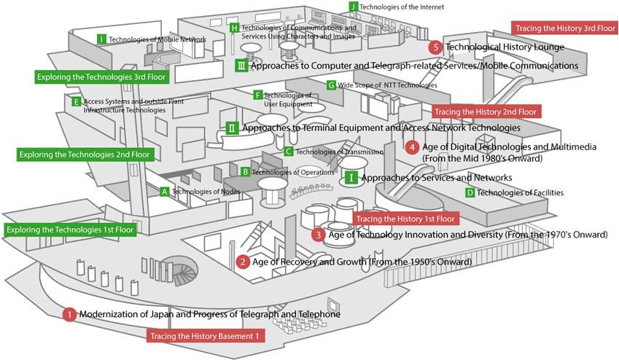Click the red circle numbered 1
pyautogui.click(x=69, y=315)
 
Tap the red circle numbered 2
pyautogui.click(x=244, y=262)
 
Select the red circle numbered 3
pyautogui.click(x=318, y=235)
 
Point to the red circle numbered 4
pyautogui.click(x=412, y=147)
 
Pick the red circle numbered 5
pyautogui.click(x=435, y=47)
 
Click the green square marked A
pyautogui.click(x=165, y=192)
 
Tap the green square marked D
pyautogui.click(x=470, y=192)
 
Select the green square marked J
pyautogui.click(x=354, y=7)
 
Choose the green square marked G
pyautogui.click(x=331, y=85)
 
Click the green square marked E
pyautogui.click(x=77, y=102)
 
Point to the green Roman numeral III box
pyautogui.click(x=242, y=66)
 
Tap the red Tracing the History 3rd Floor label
pyautogui.click(x=565, y=28)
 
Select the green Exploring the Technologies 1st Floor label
pyautogui.click(x=69, y=230)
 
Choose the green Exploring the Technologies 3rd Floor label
pyautogui.click(x=101, y=76)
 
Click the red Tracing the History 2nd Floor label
pyautogui.click(x=486, y=111)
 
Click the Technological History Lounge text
pyautogui.click(x=505, y=47)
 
